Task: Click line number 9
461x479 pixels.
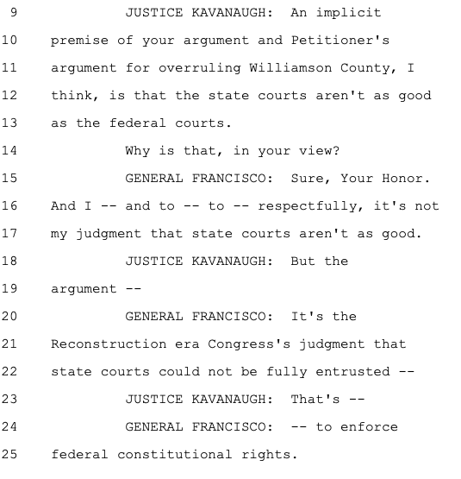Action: coord(14,13)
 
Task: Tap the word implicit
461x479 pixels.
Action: coord(348,13)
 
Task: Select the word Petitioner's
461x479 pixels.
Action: coord(340,41)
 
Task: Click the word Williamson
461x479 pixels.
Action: coord(290,68)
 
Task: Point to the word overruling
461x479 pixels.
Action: coord(200,68)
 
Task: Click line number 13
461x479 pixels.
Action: coord(9,123)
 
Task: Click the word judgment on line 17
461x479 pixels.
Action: coord(109,234)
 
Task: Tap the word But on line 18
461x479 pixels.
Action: coord(302,262)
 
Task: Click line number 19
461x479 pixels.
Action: coord(9,288)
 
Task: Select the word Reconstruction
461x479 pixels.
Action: coord(109,344)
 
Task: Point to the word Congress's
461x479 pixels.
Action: coord(249,344)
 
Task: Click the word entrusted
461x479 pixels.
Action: coord(352,372)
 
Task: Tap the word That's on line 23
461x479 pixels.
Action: coord(315,400)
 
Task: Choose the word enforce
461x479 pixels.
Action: coord(369,427)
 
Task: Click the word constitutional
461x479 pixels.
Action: coord(175,455)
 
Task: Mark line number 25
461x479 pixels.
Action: coord(9,454)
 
